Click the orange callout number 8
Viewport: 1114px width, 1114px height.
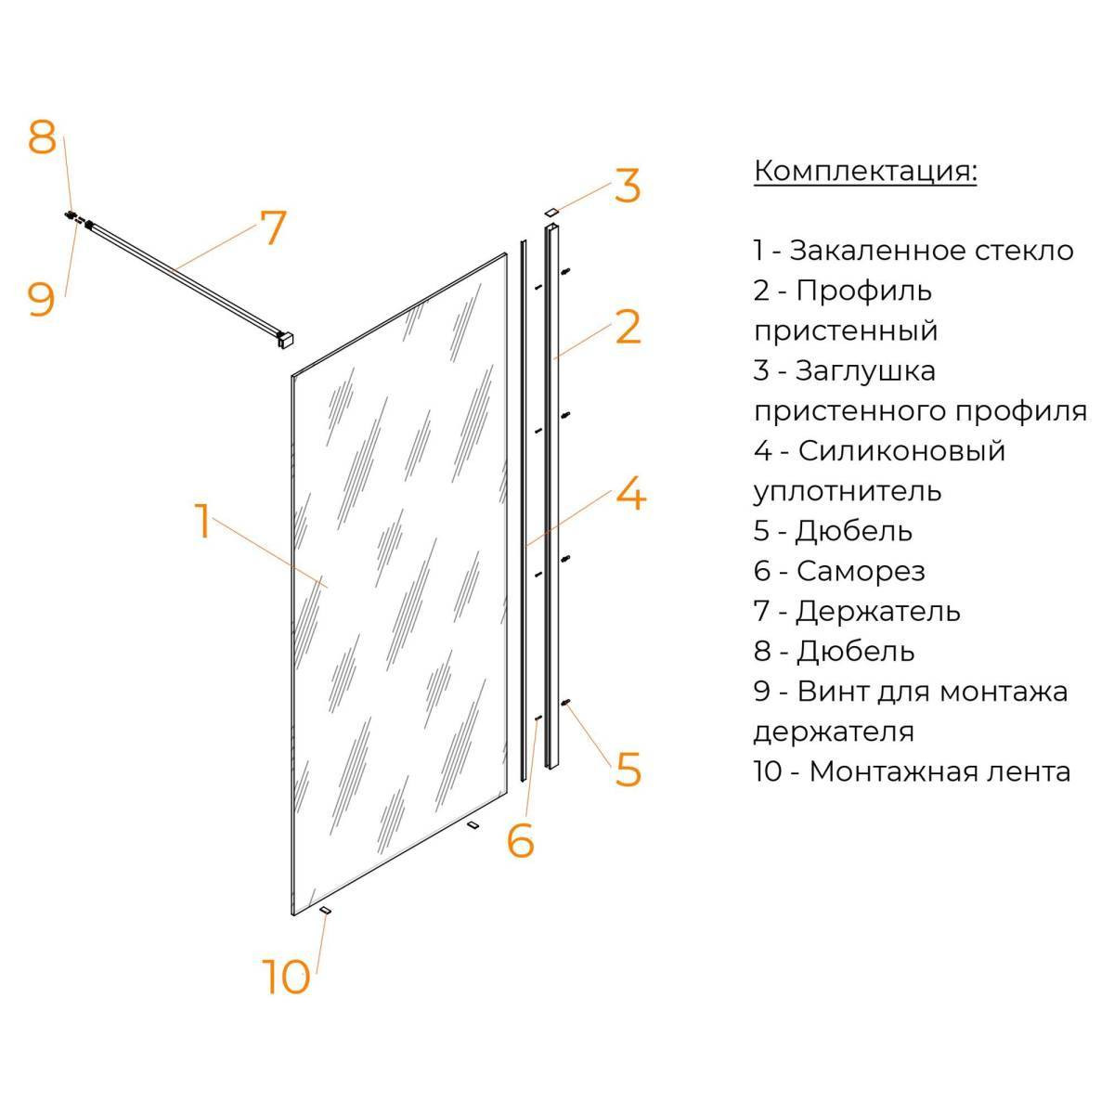point(42,137)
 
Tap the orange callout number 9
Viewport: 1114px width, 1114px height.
point(42,300)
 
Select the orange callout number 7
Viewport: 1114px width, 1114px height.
point(273,227)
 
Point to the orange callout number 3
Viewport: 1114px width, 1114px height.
point(628,186)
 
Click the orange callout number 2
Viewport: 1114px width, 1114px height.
point(628,327)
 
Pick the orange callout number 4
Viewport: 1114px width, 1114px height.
point(630,493)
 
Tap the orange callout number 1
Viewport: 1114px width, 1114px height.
point(201,522)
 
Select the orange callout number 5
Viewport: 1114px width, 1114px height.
point(628,770)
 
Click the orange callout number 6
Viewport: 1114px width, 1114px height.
point(520,840)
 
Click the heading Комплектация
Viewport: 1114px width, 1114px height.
point(865,172)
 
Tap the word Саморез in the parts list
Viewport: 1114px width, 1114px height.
point(861,571)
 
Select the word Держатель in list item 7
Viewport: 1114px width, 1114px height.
point(877,612)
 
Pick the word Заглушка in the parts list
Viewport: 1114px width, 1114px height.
point(865,371)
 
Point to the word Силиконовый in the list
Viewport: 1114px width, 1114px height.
point(901,451)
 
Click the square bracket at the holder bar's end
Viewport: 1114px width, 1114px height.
point(287,340)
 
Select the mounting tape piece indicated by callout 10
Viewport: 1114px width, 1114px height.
point(326,911)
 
